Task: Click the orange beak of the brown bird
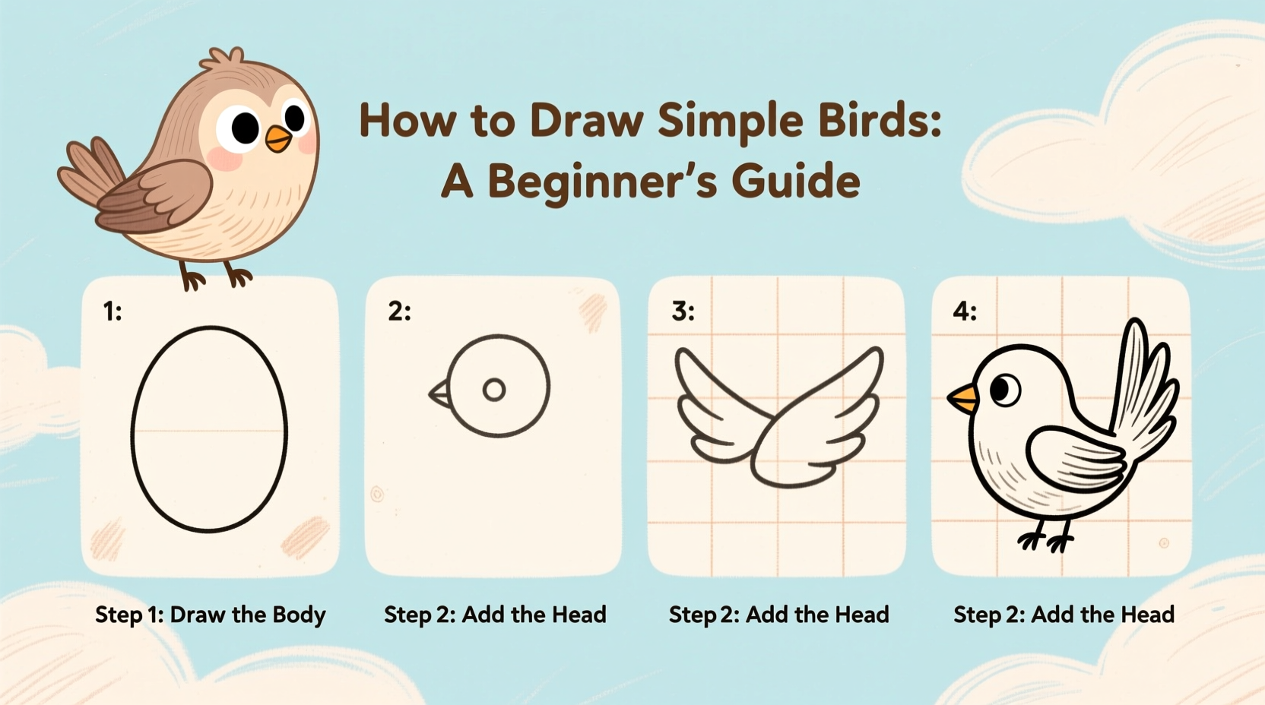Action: coord(278,138)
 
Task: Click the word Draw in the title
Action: coord(586,122)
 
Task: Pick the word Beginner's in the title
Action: coord(601,182)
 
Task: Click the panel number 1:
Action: coord(113,311)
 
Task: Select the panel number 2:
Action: coord(399,311)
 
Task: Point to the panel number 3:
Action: coord(683,311)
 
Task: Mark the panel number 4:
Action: coord(965,311)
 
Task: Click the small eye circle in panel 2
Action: coord(494,390)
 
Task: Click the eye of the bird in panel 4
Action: coord(1005,390)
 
